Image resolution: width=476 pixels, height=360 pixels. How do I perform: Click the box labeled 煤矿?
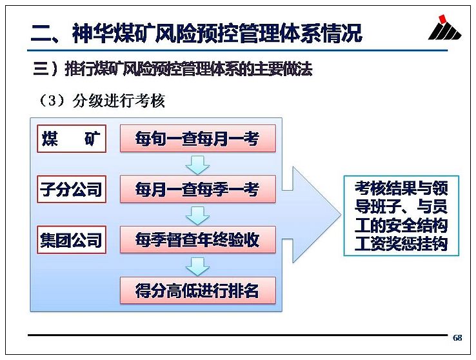click(x=72, y=139)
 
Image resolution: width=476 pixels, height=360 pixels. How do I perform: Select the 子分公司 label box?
click(x=72, y=189)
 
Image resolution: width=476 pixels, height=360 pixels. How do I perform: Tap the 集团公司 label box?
click(x=72, y=240)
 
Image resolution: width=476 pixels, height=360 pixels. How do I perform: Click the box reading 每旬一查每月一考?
click(x=198, y=139)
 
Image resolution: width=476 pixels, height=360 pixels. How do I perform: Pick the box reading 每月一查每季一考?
click(x=198, y=189)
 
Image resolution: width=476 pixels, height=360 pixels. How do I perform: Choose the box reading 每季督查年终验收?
click(x=198, y=239)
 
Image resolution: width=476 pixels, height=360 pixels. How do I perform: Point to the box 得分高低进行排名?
click(x=198, y=290)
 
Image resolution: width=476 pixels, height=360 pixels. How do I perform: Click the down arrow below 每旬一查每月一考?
click(x=197, y=165)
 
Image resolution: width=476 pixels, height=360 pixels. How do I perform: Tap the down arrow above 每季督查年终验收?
click(x=197, y=215)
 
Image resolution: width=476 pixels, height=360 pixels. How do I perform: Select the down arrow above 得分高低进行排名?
click(x=197, y=266)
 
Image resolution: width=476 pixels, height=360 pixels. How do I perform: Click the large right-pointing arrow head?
click(x=315, y=215)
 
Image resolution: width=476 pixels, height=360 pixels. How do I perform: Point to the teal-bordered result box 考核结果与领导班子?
click(x=401, y=216)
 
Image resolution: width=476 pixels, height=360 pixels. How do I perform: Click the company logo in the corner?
click(x=445, y=27)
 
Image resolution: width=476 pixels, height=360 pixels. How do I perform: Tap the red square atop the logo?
click(x=443, y=19)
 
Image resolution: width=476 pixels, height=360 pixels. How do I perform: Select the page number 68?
click(x=457, y=337)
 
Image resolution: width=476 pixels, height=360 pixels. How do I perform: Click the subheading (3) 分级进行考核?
click(x=101, y=101)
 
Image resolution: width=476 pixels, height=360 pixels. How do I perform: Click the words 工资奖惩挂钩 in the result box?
click(x=401, y=244)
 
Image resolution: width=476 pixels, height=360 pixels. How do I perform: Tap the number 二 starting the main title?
click(x=41, y=34)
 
